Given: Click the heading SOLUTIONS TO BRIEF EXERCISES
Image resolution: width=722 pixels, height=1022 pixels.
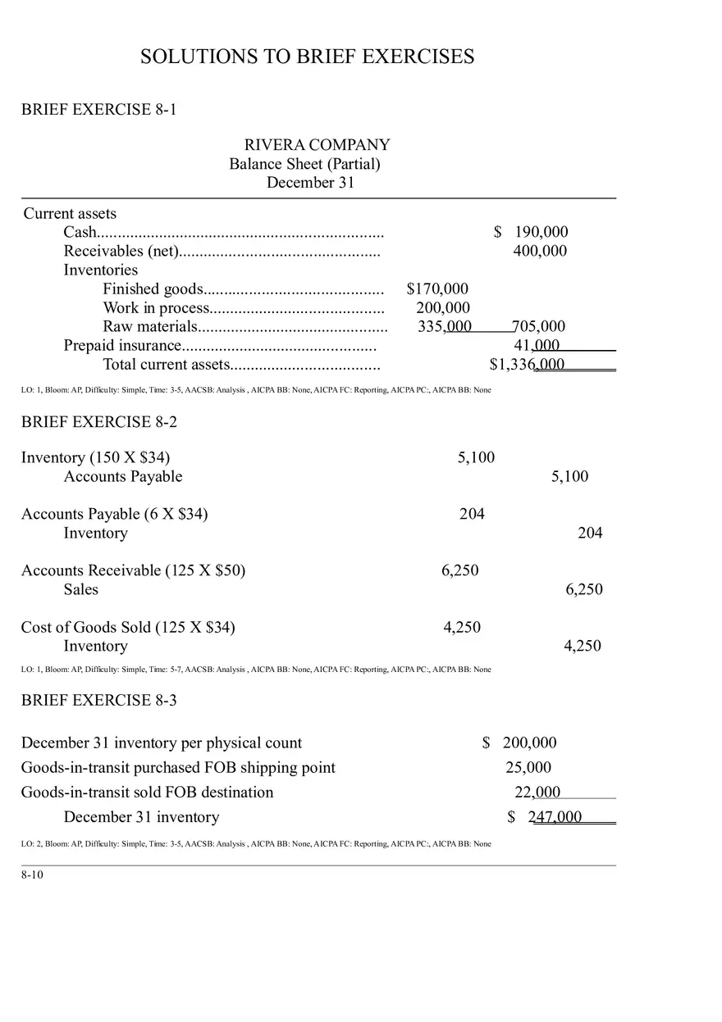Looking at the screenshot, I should [x=307, y=57].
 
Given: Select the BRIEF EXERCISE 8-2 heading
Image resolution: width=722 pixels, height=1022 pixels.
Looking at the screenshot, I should [x=98, y=422].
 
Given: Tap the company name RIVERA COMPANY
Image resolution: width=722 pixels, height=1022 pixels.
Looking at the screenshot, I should [x=317, y=145].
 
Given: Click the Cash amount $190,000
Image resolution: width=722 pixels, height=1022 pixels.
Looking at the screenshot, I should [x=531, y=232].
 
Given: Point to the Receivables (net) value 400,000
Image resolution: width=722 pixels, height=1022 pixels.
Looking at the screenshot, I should [x=540, y=251].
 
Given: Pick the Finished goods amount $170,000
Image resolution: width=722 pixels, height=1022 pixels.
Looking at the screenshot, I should [x=437, y=288].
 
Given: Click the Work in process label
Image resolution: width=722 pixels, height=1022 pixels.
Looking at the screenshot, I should [x=156, y=307].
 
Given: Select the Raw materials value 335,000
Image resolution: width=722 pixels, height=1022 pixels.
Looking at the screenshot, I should [x=445, y=326].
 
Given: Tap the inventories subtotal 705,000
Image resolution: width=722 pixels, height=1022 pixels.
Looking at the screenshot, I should [x=538, y=326].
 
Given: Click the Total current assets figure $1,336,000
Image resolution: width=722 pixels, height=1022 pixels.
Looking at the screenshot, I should [x=527, y=364].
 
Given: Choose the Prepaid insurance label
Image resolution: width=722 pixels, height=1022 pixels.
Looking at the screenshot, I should [x=122, y=345].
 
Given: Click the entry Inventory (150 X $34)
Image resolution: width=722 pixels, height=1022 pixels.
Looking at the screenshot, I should [x=95, y=457].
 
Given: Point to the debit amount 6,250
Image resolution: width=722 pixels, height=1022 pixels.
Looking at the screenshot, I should [x=459, y=570].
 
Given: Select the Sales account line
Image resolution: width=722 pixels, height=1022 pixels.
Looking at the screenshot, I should [x=80, y=589].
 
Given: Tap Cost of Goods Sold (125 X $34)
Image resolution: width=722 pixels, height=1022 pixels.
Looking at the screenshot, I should [x=128, y=627].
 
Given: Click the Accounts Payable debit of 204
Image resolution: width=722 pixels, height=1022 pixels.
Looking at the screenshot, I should [x=472, y=514].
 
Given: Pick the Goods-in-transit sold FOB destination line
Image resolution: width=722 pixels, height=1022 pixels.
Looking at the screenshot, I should [x=147, y=792].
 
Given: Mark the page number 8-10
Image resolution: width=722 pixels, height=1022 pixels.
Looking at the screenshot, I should [x=32, y=874].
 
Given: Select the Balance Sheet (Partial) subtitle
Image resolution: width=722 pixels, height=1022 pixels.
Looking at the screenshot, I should [x=304, y=164].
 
